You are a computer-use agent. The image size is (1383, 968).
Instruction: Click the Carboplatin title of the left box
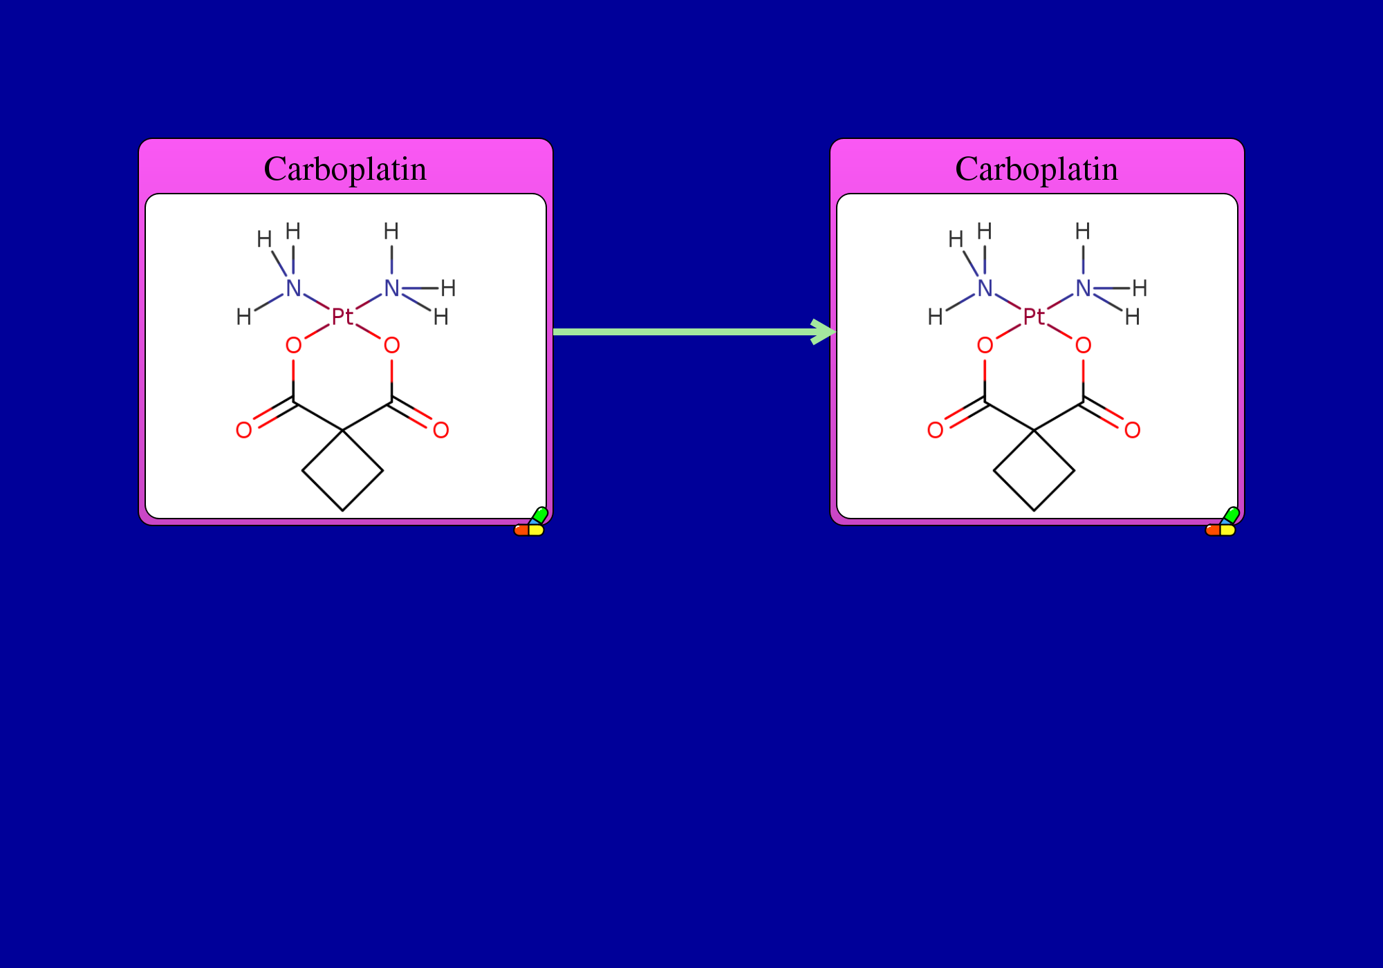(345, 169)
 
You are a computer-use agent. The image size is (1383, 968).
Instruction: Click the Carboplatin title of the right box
(1037, 169)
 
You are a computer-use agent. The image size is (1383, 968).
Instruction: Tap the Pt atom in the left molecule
(342, 317)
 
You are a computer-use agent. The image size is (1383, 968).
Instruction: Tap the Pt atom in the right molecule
(1034, 317)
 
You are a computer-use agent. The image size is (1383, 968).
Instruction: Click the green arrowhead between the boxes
(824, 332)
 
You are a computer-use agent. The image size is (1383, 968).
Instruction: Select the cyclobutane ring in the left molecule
(302, 471)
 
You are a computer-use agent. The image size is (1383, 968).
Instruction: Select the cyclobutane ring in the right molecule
(994, 471)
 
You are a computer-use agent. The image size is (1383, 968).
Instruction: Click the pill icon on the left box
(531, 522)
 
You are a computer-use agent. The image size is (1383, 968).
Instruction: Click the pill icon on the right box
(1223, 522)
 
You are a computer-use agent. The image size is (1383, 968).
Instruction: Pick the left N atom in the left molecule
(293, 288)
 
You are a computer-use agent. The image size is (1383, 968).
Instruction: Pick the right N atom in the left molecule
(391, 288)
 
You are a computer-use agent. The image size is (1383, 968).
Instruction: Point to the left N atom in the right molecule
(985, 288)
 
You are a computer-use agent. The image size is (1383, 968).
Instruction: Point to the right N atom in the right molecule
(1083, 288)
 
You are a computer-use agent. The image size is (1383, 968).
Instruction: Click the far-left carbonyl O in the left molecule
(244, 430)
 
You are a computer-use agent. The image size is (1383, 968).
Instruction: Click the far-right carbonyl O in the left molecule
(440, 430)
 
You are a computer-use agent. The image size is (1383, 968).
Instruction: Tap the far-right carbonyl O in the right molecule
(1132, 430)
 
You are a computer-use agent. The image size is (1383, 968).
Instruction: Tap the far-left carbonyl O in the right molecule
(936, 430)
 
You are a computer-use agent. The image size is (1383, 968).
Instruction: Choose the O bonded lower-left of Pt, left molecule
(293, 345)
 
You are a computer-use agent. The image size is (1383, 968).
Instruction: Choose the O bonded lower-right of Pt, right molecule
(1083, 345)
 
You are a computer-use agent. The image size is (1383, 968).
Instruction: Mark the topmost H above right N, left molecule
(391, 231)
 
